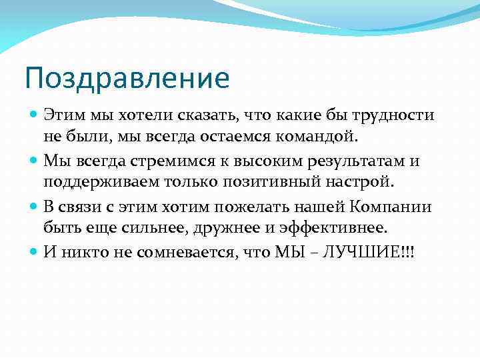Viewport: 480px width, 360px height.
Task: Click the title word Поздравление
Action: coord(127,79)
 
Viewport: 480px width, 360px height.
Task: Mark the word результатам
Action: coord(355,161)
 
